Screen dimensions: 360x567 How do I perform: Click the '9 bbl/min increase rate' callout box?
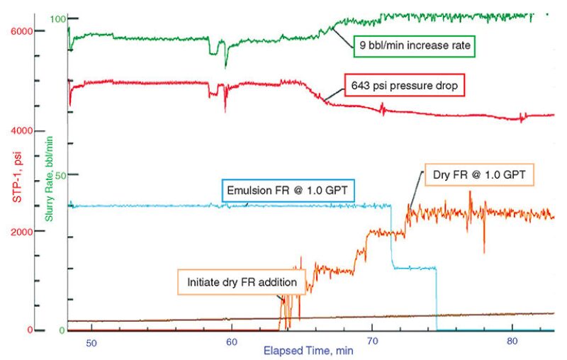(413, 47)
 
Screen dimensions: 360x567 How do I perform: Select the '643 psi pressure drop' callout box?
(403, 85)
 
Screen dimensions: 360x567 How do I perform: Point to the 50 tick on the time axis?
(91, 343)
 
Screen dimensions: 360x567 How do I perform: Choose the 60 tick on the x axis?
(231, 343)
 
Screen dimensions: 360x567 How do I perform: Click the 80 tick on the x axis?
(512, 343)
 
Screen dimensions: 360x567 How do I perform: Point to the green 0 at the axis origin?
(62, 330)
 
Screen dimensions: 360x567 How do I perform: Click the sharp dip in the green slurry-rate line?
(225, 65)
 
